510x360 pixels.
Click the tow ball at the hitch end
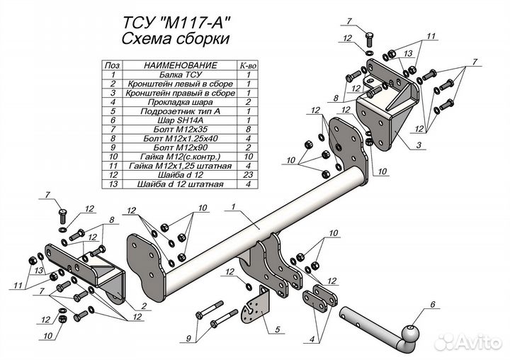tap(410, 333)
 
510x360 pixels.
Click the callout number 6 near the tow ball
tap(432, 305)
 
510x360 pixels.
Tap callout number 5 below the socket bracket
tap(277, 330)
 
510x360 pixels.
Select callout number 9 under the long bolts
tap(188, 339)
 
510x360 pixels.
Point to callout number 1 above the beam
tap(234, 206)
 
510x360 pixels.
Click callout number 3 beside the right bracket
tap(419, 145)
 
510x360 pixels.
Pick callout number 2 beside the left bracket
tap(144, 305)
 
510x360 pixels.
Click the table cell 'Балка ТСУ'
tap(180, 74)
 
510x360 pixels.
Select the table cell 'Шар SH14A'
tap(180, 120)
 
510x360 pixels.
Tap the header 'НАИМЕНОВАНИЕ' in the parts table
tap(180, 65)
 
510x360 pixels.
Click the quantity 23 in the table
tap(248, 175)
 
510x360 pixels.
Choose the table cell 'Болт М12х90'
tap(180, 147)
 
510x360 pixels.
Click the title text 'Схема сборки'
tap(176, 39)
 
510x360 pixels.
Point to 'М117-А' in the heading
tap(195, 23)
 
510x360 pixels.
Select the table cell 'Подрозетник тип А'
tap(180, 111)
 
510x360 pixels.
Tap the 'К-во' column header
tap(248, 65)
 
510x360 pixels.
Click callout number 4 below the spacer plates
tap(312, 340)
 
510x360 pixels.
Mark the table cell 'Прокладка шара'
tap(180, 102)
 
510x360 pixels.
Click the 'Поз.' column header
tap(113, 65)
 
